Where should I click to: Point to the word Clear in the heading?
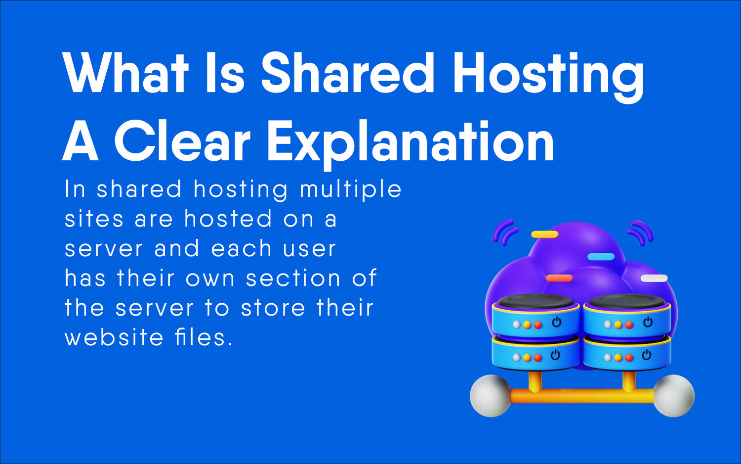(182, 142)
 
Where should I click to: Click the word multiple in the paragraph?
(351, 190)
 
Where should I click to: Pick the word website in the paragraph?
(114, 338)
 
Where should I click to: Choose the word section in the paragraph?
(293, 278)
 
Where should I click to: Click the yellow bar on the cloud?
(544, 234)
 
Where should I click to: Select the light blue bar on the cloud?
(601, 257)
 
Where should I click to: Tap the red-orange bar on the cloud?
(559, 278)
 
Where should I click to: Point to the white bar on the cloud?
(654, 278)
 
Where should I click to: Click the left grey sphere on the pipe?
(490, 396)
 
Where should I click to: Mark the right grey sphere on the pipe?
(674, 396)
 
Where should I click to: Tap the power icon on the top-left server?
(557, 322)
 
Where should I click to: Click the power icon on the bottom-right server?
(647, 355)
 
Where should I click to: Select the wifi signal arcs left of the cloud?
(504, 233)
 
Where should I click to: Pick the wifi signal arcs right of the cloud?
(641, 232)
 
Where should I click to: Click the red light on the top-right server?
(629, 325)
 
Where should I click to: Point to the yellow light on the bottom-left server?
(527, 358)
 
